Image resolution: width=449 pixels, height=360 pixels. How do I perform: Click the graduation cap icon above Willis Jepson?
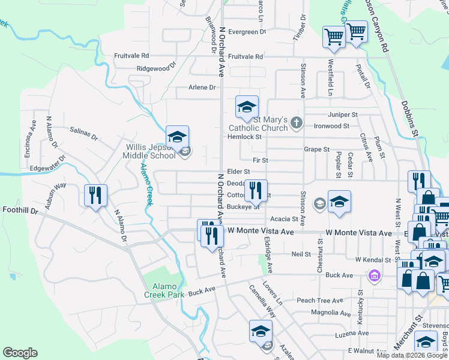(177, 137)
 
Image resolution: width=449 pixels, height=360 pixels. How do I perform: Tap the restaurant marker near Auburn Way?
(95, 196)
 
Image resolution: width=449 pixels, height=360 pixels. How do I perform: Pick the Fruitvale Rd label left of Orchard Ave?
(131, 56)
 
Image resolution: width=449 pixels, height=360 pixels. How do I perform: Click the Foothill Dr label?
(20, 211)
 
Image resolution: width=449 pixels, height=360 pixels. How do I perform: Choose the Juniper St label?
(343, 115)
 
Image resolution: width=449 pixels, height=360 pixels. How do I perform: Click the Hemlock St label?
(244, 137)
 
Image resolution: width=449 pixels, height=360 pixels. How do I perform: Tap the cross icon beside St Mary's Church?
(295, 124)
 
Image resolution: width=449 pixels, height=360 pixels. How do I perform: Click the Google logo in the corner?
(20, 353)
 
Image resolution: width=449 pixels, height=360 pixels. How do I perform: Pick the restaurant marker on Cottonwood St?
(256, 191)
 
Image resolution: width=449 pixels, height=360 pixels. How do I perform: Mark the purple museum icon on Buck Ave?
(374, 275)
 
